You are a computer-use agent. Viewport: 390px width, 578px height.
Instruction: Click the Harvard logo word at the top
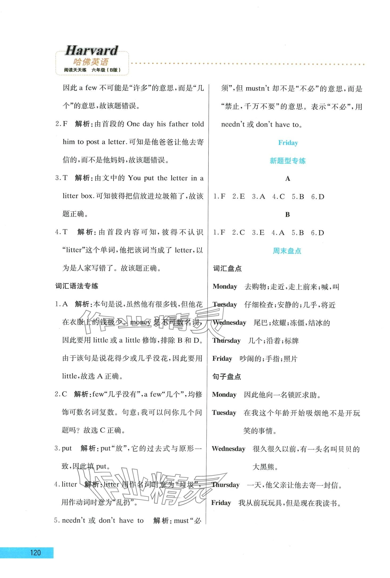[x=91, y=50]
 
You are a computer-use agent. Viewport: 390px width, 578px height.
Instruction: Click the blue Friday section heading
[x=288, y=143]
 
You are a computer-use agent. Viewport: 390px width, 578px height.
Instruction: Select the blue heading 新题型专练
[x=287, y=161]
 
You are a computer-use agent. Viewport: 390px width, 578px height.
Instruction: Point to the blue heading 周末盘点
[x=287, y=251]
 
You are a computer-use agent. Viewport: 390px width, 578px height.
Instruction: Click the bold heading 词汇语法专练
[x=77, y=286]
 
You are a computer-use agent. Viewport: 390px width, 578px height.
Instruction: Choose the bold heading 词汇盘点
[x=227, y=269]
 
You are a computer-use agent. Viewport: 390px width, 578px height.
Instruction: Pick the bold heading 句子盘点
[x=226, y=377]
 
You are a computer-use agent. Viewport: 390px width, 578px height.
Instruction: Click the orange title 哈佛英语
[x=91, y=62]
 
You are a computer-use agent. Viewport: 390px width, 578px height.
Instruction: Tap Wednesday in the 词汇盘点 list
[x=229, y=322]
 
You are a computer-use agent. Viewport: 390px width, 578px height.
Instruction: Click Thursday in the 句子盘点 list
[x=226, y=485]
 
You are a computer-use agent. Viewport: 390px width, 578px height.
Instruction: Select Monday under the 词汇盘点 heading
[x=225, y=286]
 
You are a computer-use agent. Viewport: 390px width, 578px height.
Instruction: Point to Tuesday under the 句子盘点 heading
[x=224, y=413]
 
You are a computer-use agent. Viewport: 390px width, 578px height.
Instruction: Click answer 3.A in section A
[x=258, y=197]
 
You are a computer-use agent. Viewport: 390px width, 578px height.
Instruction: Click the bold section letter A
[x=287, y=179]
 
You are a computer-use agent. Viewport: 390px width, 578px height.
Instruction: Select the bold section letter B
[x=287, y=214]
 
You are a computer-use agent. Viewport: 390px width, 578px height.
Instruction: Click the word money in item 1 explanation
[x=140, y=322]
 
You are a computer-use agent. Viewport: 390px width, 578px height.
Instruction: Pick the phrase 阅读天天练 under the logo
[x=75, y=70]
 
